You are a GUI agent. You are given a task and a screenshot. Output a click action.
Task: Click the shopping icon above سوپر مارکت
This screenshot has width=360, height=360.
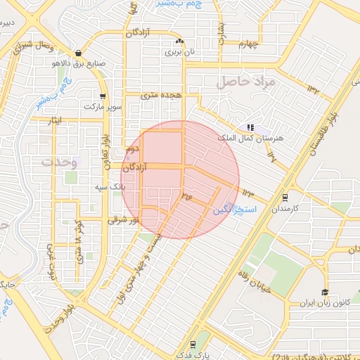coord(103,96)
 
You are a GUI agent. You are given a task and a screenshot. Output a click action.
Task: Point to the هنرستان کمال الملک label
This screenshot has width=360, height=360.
coord(251,139)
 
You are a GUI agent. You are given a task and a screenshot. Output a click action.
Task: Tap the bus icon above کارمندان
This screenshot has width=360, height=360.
coord(284,198)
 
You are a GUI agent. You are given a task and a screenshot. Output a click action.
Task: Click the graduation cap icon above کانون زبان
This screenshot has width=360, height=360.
coord(325,292)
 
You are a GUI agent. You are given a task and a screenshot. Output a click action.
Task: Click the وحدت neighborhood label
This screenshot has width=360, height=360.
coord(57,161)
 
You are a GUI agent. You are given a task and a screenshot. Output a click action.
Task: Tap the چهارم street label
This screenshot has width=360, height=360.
coord(249,45)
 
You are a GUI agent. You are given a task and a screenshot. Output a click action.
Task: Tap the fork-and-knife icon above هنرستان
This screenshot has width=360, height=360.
coord(250,127)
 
